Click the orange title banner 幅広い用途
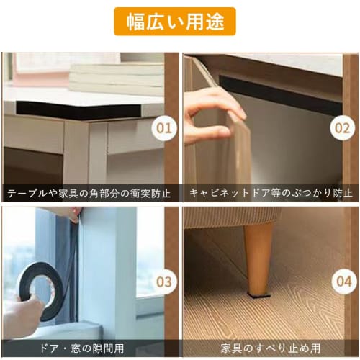(174, 22)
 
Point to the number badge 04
(342, 282)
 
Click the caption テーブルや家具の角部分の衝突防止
(89, 193)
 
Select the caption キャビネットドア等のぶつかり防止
(271, 193)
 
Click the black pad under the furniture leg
(258, 294)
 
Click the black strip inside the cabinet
(288, 94)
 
